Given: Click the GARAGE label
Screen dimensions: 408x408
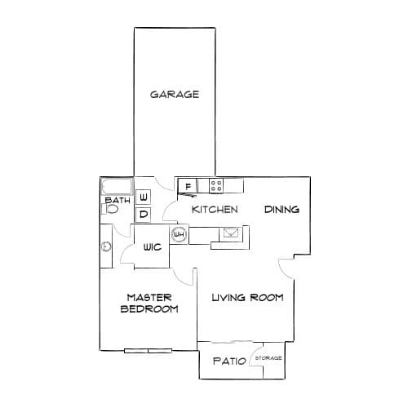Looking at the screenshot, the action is point(175,95).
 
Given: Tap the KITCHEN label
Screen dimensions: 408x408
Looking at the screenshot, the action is point(215,210).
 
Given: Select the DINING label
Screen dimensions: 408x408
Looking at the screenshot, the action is point(282,210).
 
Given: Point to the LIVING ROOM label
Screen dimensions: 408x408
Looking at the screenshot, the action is point(247,298).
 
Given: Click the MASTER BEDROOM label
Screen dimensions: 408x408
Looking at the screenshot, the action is point(149,304).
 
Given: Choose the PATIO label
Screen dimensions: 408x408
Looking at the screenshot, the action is point(230,361).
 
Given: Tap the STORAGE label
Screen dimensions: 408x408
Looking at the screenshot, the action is point(268,358).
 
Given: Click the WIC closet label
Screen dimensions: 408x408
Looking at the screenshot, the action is point(153,247).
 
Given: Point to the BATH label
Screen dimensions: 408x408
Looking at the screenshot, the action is point(118,201).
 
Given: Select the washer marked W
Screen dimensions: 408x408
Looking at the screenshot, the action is point(143,197).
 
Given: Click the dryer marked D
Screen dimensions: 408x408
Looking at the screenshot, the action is point(143,215).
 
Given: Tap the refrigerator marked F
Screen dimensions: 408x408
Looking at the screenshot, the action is point(188,187).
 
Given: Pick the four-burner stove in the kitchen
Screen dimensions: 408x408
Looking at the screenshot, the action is point(216,186).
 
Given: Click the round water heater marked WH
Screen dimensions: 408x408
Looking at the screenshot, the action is point(180,234).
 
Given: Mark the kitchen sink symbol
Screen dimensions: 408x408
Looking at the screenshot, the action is point(231,233).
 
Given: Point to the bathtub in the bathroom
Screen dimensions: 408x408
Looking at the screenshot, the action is point(118,186).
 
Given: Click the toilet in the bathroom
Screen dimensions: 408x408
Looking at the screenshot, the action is point(110,209).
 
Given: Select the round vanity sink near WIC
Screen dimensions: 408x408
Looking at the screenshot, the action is point(106,247).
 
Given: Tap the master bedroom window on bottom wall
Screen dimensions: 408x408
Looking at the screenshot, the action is point(148,351).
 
